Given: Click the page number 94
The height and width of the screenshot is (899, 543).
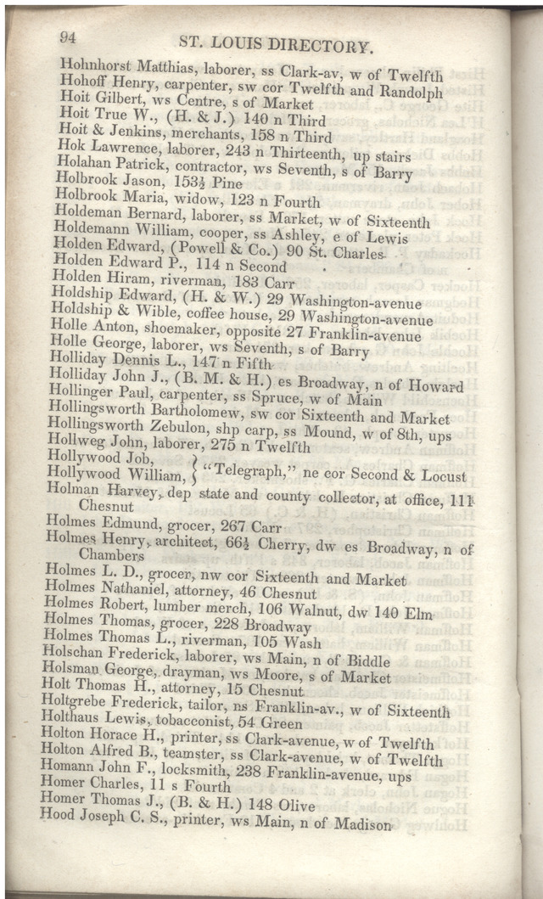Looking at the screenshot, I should coord(69,36).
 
